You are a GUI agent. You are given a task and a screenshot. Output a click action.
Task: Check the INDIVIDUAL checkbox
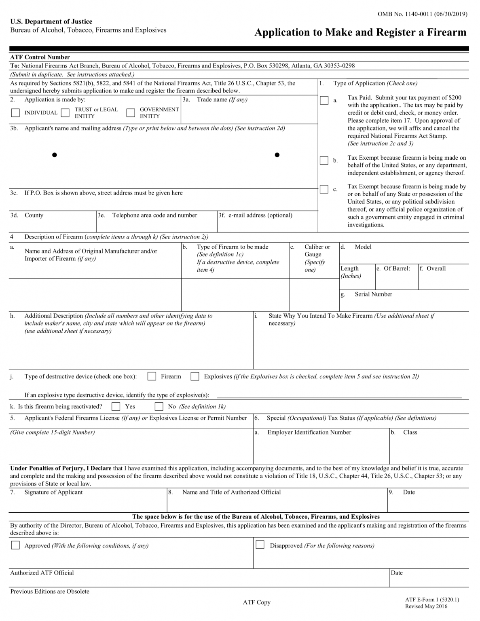click(15, 112)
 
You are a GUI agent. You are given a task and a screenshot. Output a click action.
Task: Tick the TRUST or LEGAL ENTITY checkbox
click(65, 112)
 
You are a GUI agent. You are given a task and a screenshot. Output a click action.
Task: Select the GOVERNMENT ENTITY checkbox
click(131, 112)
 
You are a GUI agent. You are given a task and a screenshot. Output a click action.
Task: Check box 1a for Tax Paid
click(324, 100)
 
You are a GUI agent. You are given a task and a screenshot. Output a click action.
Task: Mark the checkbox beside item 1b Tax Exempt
click(324, 161)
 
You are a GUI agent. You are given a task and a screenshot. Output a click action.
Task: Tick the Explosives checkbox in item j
click(195, 376)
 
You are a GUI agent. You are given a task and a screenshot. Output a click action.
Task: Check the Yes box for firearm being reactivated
click(116, 406)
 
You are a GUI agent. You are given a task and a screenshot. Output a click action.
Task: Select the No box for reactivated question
click(159, 406)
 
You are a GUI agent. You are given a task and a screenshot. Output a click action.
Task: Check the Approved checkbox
click(15, 545)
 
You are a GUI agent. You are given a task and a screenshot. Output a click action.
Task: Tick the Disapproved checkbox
click(260, 545)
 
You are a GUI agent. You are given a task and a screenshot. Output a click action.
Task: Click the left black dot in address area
click(55, 155)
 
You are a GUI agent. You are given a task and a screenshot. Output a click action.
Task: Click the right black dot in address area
click(277, 155)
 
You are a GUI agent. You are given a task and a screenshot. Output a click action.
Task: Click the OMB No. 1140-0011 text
click(422, 14)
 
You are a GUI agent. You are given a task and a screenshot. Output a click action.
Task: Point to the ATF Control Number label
click(40, 57)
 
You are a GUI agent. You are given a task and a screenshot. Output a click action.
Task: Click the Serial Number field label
click(373, 294)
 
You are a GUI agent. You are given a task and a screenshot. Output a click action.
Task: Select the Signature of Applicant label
click(53, 492)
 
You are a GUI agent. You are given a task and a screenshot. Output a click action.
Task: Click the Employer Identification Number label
click(309, 432)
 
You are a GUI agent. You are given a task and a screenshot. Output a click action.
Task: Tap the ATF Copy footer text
click(256, 602)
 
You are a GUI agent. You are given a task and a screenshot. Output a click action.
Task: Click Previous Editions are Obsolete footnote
click(50, 591)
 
